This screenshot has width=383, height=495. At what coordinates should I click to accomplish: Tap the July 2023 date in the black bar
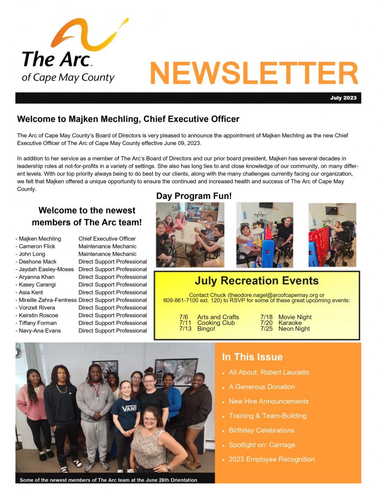pyautogui.click(x=343, y=98)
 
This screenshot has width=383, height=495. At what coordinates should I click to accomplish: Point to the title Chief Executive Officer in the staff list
pyautogui.click(x=107, y=239)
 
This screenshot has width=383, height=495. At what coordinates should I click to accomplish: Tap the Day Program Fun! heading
pyautogui.click(x=194, y=196)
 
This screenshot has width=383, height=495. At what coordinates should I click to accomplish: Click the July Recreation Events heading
pyautogui.click(x=256, y=281)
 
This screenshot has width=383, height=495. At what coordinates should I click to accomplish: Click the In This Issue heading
pyautogui.click(x=252, y=357)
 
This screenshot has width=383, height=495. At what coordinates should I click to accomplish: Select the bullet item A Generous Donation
pyautogui.click(x=261, y=387)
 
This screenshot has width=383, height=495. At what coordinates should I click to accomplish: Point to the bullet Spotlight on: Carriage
pyautogui.click(x=261, y=445)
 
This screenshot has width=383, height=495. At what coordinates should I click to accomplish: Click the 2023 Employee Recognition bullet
pyautogui.click(x=272, y=459)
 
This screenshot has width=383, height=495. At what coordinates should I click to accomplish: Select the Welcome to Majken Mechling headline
pyautogui.click(x=128, y=119)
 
